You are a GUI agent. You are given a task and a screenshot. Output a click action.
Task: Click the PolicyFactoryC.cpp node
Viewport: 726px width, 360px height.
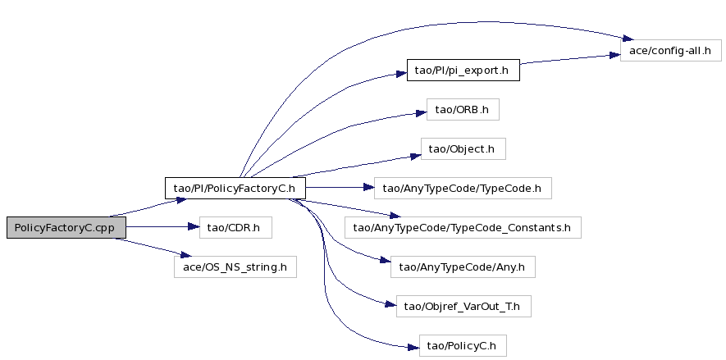66,228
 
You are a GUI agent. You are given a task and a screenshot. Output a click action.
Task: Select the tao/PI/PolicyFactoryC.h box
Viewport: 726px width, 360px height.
235,189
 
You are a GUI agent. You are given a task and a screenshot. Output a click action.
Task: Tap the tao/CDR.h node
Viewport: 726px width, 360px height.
235,228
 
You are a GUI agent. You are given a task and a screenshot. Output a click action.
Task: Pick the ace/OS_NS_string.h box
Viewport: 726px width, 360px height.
235,267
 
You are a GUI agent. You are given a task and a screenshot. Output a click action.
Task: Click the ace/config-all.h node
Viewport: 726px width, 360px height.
671,51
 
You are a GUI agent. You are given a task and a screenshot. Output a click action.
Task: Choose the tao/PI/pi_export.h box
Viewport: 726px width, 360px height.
463,70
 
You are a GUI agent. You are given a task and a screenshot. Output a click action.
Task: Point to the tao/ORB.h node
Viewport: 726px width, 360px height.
463,110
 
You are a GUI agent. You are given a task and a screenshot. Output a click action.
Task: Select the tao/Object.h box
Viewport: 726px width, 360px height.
463,149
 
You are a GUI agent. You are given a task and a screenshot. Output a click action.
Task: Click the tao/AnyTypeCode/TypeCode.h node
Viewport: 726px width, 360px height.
463,189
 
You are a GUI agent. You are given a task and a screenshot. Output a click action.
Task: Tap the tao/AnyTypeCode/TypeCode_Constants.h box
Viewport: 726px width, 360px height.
463,228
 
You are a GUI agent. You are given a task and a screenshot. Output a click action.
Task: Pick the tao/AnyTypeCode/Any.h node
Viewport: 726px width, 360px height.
463,267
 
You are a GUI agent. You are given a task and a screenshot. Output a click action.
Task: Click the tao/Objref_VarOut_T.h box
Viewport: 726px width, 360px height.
463,307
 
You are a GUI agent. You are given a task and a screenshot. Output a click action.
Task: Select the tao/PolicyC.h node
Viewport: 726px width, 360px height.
463,346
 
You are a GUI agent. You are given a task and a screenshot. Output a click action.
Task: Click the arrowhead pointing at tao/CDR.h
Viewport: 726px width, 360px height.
194,226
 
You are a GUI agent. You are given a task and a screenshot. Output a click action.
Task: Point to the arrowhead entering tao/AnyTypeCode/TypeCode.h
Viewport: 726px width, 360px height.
368,188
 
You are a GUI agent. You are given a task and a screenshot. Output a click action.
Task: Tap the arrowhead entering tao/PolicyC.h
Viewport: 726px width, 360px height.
413,347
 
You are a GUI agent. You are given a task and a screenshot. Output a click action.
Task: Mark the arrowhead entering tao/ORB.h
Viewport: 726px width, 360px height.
421,113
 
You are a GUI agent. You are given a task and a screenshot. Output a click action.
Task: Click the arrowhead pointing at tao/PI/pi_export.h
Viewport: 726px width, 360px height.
401,74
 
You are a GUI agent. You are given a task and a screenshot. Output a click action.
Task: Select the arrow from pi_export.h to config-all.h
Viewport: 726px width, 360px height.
570,59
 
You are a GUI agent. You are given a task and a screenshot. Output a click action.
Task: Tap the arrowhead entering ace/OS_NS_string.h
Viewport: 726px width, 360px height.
185,255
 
